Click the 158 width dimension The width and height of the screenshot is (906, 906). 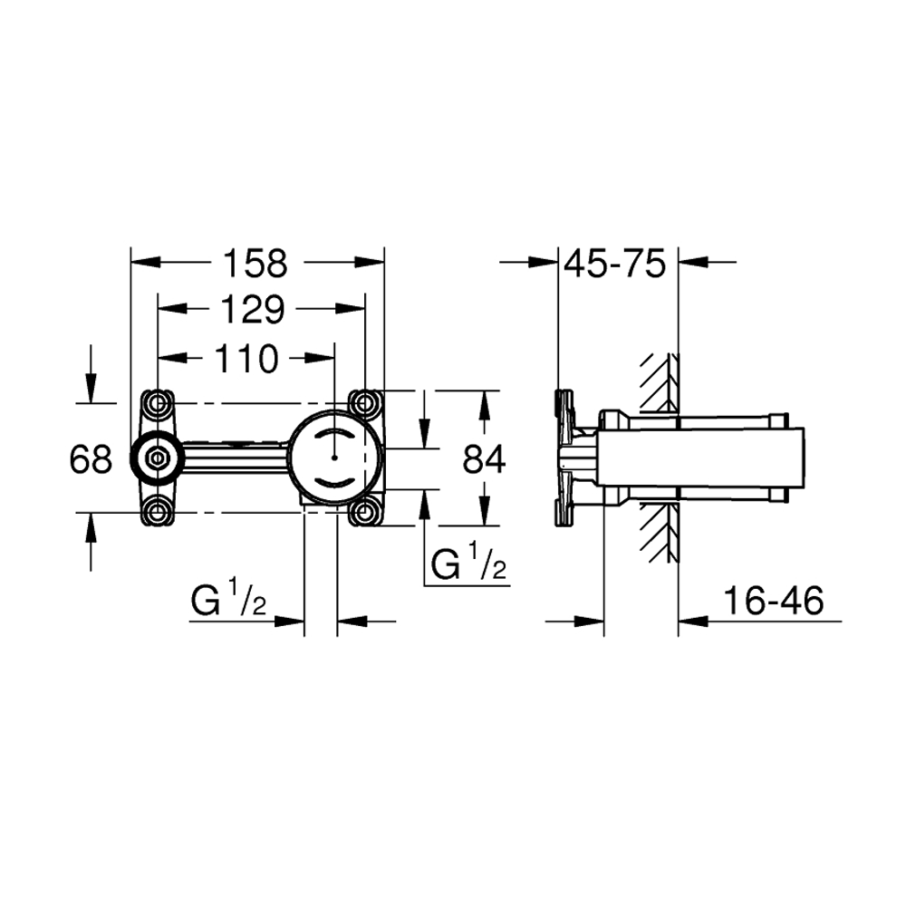click(255, 264)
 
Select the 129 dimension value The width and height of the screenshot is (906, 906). click(253, 310)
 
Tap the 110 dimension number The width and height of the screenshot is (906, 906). click(246, 359)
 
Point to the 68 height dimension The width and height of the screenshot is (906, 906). click(90, 460)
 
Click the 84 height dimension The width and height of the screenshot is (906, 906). click(484, 460)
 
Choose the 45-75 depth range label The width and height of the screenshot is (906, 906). click(615, 264)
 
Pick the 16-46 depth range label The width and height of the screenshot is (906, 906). click(773, 601)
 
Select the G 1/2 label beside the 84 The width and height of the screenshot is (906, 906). click(468, 564)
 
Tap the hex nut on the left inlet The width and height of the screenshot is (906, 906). click(157, 458)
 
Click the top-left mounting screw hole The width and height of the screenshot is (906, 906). click(158, 403)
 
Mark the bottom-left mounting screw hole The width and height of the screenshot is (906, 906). click(157, 512)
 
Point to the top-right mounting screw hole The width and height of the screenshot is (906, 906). click(364, 403)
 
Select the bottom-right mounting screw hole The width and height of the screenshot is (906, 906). click(364, 512)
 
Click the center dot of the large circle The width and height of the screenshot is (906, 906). click(334, 458)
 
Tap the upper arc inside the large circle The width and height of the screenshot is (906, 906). click(334, 431)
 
